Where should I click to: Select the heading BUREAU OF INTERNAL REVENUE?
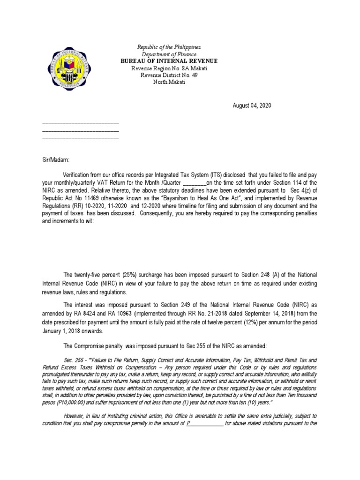click(x=169, y=61)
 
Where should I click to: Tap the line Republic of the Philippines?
click(x=168, y=48)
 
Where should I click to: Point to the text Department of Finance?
click(x=169, y=54)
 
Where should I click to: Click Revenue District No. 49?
click(x=169, y=75)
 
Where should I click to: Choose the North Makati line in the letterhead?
click(x=169, y=82)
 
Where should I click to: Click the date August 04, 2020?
click(x=252, y=106)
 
